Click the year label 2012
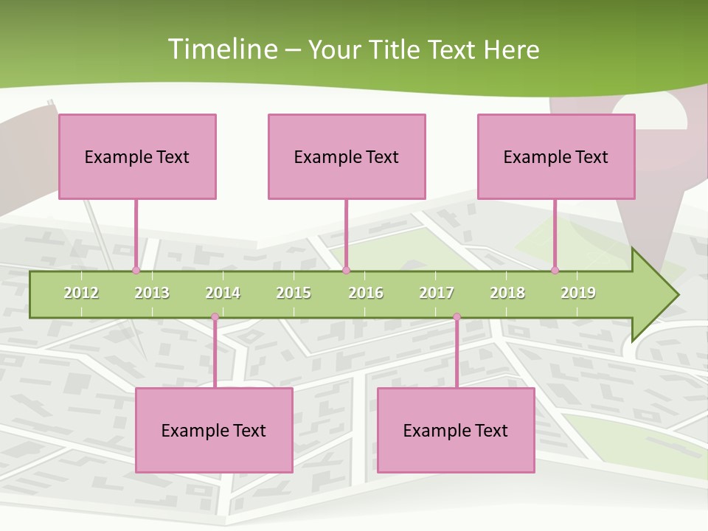coord(81,293)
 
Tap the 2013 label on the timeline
coord(152,293)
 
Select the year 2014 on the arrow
coord(223,293)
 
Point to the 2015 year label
coord(294,293)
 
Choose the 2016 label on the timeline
coord(366,293)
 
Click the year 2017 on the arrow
coord(437,293)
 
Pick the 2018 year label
coord(507,293)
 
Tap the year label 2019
coord(578,293)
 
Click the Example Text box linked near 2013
coord(137,156)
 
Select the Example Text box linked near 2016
coord(347,156)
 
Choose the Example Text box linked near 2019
coord(556,156)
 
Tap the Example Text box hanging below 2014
coord(214,430)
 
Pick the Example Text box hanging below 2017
coord(456,430)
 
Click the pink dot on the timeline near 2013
coord(136,271)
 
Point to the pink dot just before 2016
coord(347,271)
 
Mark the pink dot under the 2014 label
coord(215,317)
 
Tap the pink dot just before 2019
coord(555,271)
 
